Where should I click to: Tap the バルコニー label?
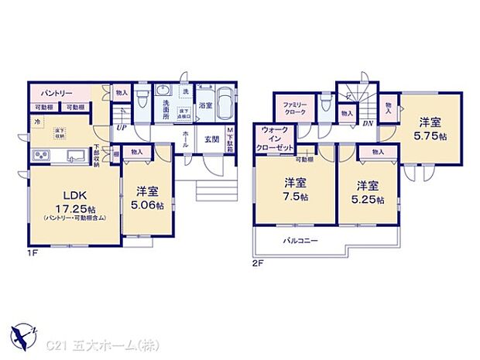(x=299, y=242)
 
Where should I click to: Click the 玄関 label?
(x=211, y=139)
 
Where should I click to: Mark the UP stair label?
(x=121, y=129)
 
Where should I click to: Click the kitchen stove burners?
(x=40, y=156)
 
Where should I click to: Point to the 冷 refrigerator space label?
(x=36, y=121)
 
